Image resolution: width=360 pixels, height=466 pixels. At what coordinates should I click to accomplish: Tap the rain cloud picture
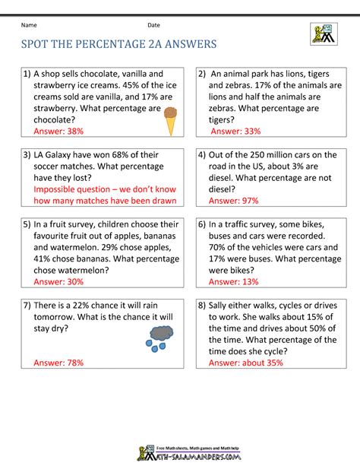tap(159, 335)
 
